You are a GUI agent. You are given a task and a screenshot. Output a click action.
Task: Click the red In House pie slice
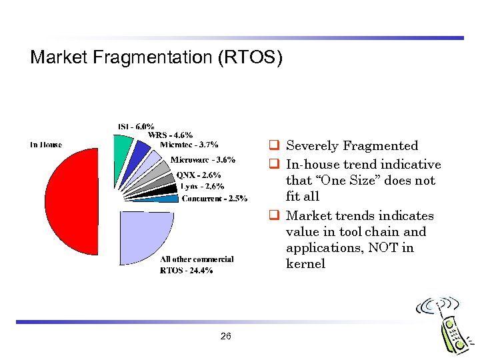(70, 200)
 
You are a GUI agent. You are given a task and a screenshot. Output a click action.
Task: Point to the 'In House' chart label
(46, 145)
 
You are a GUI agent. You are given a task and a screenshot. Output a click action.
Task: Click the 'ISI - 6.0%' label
(136, 126)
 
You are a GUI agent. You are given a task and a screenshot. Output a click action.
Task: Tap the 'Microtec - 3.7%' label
(189, 144)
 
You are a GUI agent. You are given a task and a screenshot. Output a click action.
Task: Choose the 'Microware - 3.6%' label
(203, 160)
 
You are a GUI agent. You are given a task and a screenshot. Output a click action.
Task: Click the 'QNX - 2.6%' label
(199, 175)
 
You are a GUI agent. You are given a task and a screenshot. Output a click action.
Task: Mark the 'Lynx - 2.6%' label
(202, 187)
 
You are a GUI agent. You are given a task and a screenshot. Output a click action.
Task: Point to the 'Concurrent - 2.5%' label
(215, 198)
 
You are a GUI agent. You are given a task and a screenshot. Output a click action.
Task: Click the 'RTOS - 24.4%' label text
(186, 271)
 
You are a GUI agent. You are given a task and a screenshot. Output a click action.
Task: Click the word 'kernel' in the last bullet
(305, 264)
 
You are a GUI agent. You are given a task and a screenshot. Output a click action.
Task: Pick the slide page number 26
(225, 337)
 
